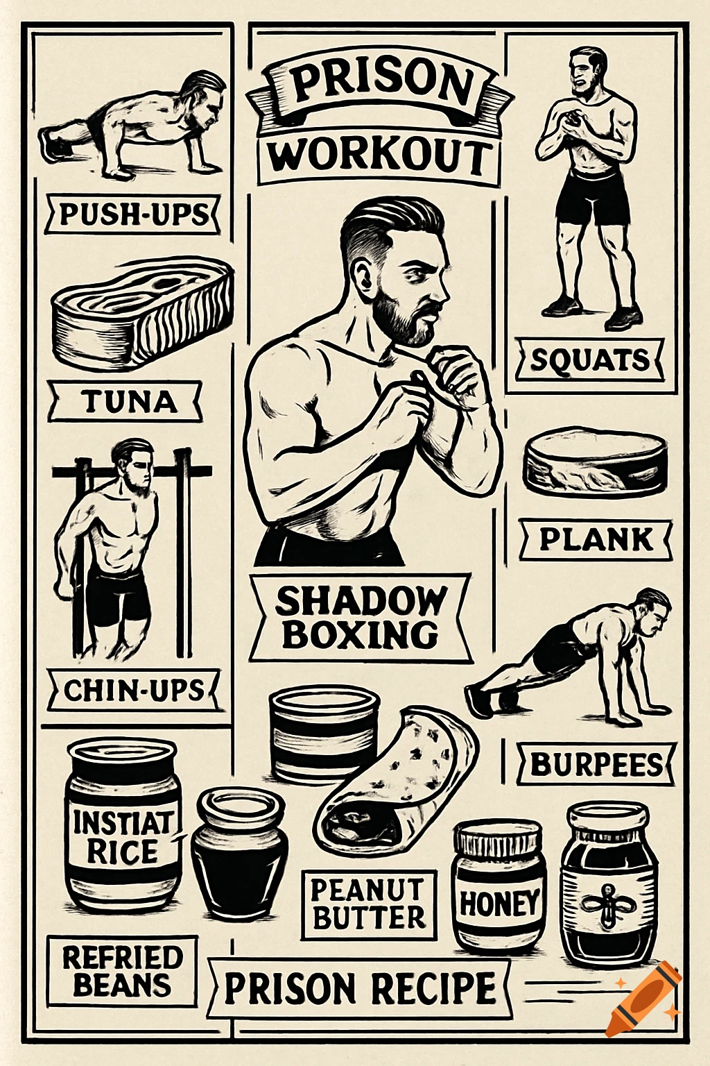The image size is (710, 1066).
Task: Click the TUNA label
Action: click(x=127, y=402)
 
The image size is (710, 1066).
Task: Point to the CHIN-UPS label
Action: click(x=135, y=691)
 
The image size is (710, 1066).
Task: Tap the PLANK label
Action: click(x=596, y=539)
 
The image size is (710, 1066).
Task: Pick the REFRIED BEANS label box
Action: click(x=122, y=971)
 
